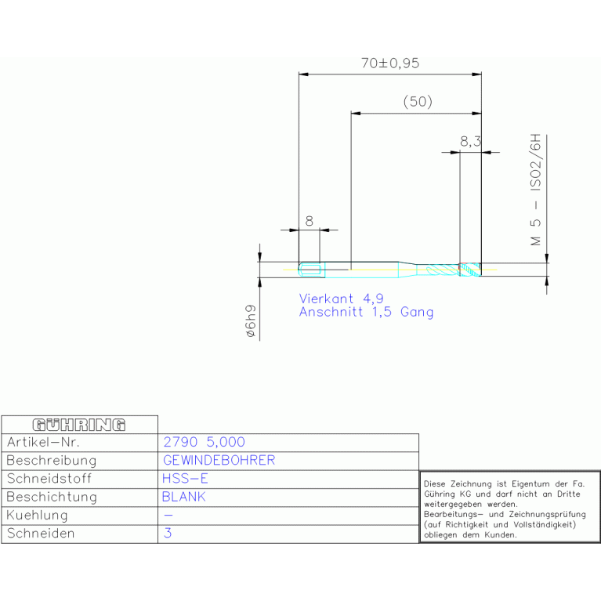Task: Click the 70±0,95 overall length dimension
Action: coord(390,64)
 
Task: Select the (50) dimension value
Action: coord(417,102)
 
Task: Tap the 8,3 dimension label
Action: coord(469,142)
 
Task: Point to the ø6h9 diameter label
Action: coord(251,321)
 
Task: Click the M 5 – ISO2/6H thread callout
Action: coord(536,191)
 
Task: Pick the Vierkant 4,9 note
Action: coord(341,299)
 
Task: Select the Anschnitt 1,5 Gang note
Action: coord(366,312)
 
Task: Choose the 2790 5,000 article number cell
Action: coord(203,443)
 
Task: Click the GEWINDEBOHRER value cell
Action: coord(219,461)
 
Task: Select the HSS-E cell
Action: coord(185,479)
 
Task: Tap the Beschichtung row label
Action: coord(52,497)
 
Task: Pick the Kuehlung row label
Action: coord(37,516)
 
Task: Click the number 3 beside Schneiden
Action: coord(167,534)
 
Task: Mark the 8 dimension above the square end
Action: coord(309,222)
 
